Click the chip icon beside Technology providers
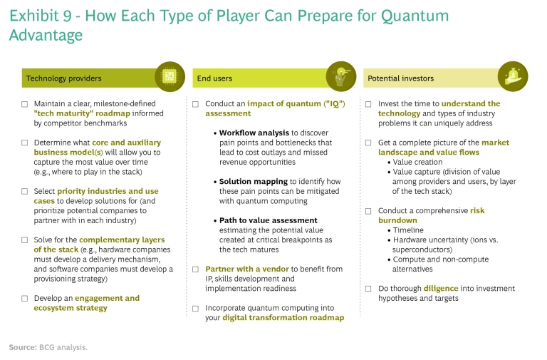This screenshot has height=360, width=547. coord(170,76)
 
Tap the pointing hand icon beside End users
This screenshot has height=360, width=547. coord(341,76)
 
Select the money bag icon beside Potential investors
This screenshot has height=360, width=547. coord(513,76)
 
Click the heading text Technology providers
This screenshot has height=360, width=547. coord(64,78)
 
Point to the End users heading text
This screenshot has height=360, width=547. coord(214,78)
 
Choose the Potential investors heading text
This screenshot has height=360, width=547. coord(401,78)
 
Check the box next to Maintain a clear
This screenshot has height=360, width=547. coord(24,104)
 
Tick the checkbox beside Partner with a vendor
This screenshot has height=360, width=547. coord(196,269)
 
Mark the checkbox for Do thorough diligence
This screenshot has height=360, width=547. coord(368,289)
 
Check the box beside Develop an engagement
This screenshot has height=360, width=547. coord(24,299)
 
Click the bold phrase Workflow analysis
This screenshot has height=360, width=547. coord(254,133)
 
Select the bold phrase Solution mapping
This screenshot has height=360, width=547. coord(254,182)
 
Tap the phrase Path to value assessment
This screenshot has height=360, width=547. coord(269,220)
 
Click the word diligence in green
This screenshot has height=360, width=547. coord(441,289)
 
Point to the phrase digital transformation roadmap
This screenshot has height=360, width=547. coord(283,318)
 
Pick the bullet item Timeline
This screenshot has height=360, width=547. coord(408,230)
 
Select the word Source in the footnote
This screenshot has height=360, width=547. coord(23,347)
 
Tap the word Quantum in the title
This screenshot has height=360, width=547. coord(415,16)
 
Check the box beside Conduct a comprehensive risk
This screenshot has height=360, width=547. coord(368,211)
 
